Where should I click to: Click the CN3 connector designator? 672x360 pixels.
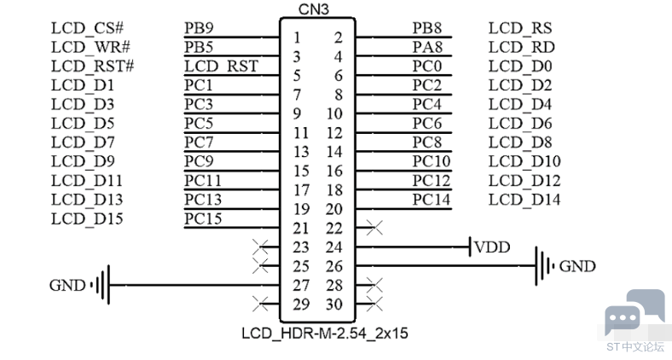315,9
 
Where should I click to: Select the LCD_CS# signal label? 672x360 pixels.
89,28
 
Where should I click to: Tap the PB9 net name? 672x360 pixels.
199,28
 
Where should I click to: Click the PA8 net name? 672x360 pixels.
427,48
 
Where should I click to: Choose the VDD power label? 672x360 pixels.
492,247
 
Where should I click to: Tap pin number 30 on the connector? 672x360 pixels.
333,305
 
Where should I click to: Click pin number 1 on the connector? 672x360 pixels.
297,38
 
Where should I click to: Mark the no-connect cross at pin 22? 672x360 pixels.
373,228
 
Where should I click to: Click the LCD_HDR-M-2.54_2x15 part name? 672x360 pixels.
324,334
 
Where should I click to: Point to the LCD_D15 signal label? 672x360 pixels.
87,218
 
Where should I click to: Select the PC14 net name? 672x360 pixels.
432,200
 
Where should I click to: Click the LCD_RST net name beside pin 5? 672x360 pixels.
221,67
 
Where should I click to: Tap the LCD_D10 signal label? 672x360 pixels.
524,161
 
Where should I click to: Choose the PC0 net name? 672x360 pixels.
427,67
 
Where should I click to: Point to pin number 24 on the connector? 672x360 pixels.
333,247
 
